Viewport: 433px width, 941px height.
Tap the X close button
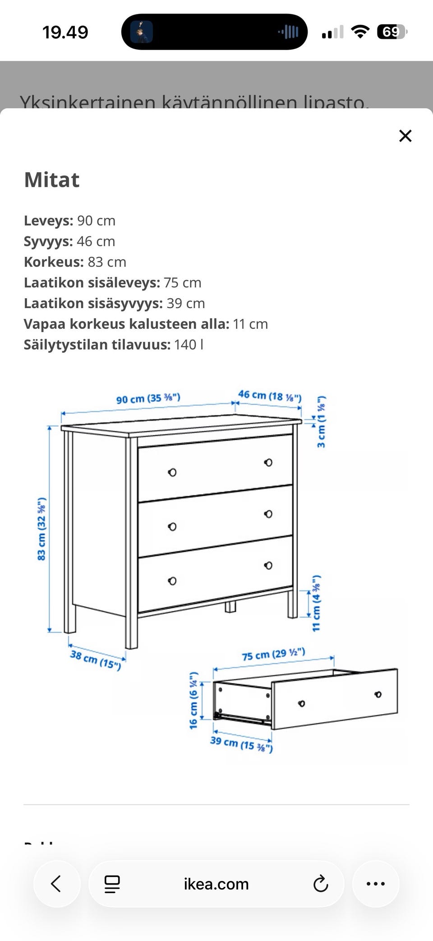[405, 136]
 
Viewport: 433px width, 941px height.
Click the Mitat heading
[52, 180]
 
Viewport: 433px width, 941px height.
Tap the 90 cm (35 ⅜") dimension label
[148, 398]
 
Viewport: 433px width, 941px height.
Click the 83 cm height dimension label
[41, 529]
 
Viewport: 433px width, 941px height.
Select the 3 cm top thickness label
[321, 422]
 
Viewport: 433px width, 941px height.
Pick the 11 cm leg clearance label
[316, 603]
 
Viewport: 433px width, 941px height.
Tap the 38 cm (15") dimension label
[96, 660]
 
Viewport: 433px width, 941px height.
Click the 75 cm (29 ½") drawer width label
[273, 654]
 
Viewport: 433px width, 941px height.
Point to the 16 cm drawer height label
[193, 700]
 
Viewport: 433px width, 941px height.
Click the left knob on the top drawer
[172, 472]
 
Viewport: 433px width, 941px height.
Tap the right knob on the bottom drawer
[268, 565]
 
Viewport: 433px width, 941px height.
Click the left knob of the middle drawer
[172, 526]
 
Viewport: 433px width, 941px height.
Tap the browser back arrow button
[56, 884]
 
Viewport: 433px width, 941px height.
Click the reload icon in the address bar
[320, 884]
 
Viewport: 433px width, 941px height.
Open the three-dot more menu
[375, 884]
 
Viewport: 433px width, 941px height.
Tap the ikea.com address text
[216, 884]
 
